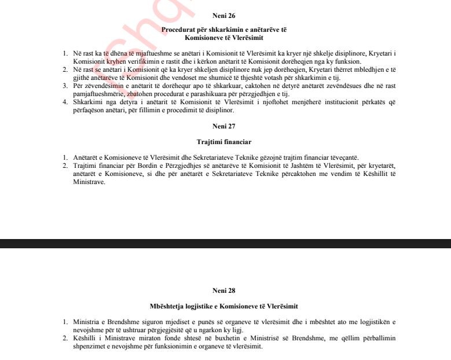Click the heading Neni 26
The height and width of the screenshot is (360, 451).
pos(223,16)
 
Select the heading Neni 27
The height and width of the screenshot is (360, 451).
pos(223,126)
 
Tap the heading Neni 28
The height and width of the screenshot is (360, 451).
pos(223,291)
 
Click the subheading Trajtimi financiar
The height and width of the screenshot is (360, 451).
pos(223,142)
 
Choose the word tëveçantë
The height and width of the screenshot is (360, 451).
pos(342,157)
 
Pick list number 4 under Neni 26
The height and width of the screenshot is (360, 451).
pos(65,102)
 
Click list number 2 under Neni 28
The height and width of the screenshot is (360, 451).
pos(65,339)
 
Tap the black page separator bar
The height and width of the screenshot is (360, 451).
pos(225,244)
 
